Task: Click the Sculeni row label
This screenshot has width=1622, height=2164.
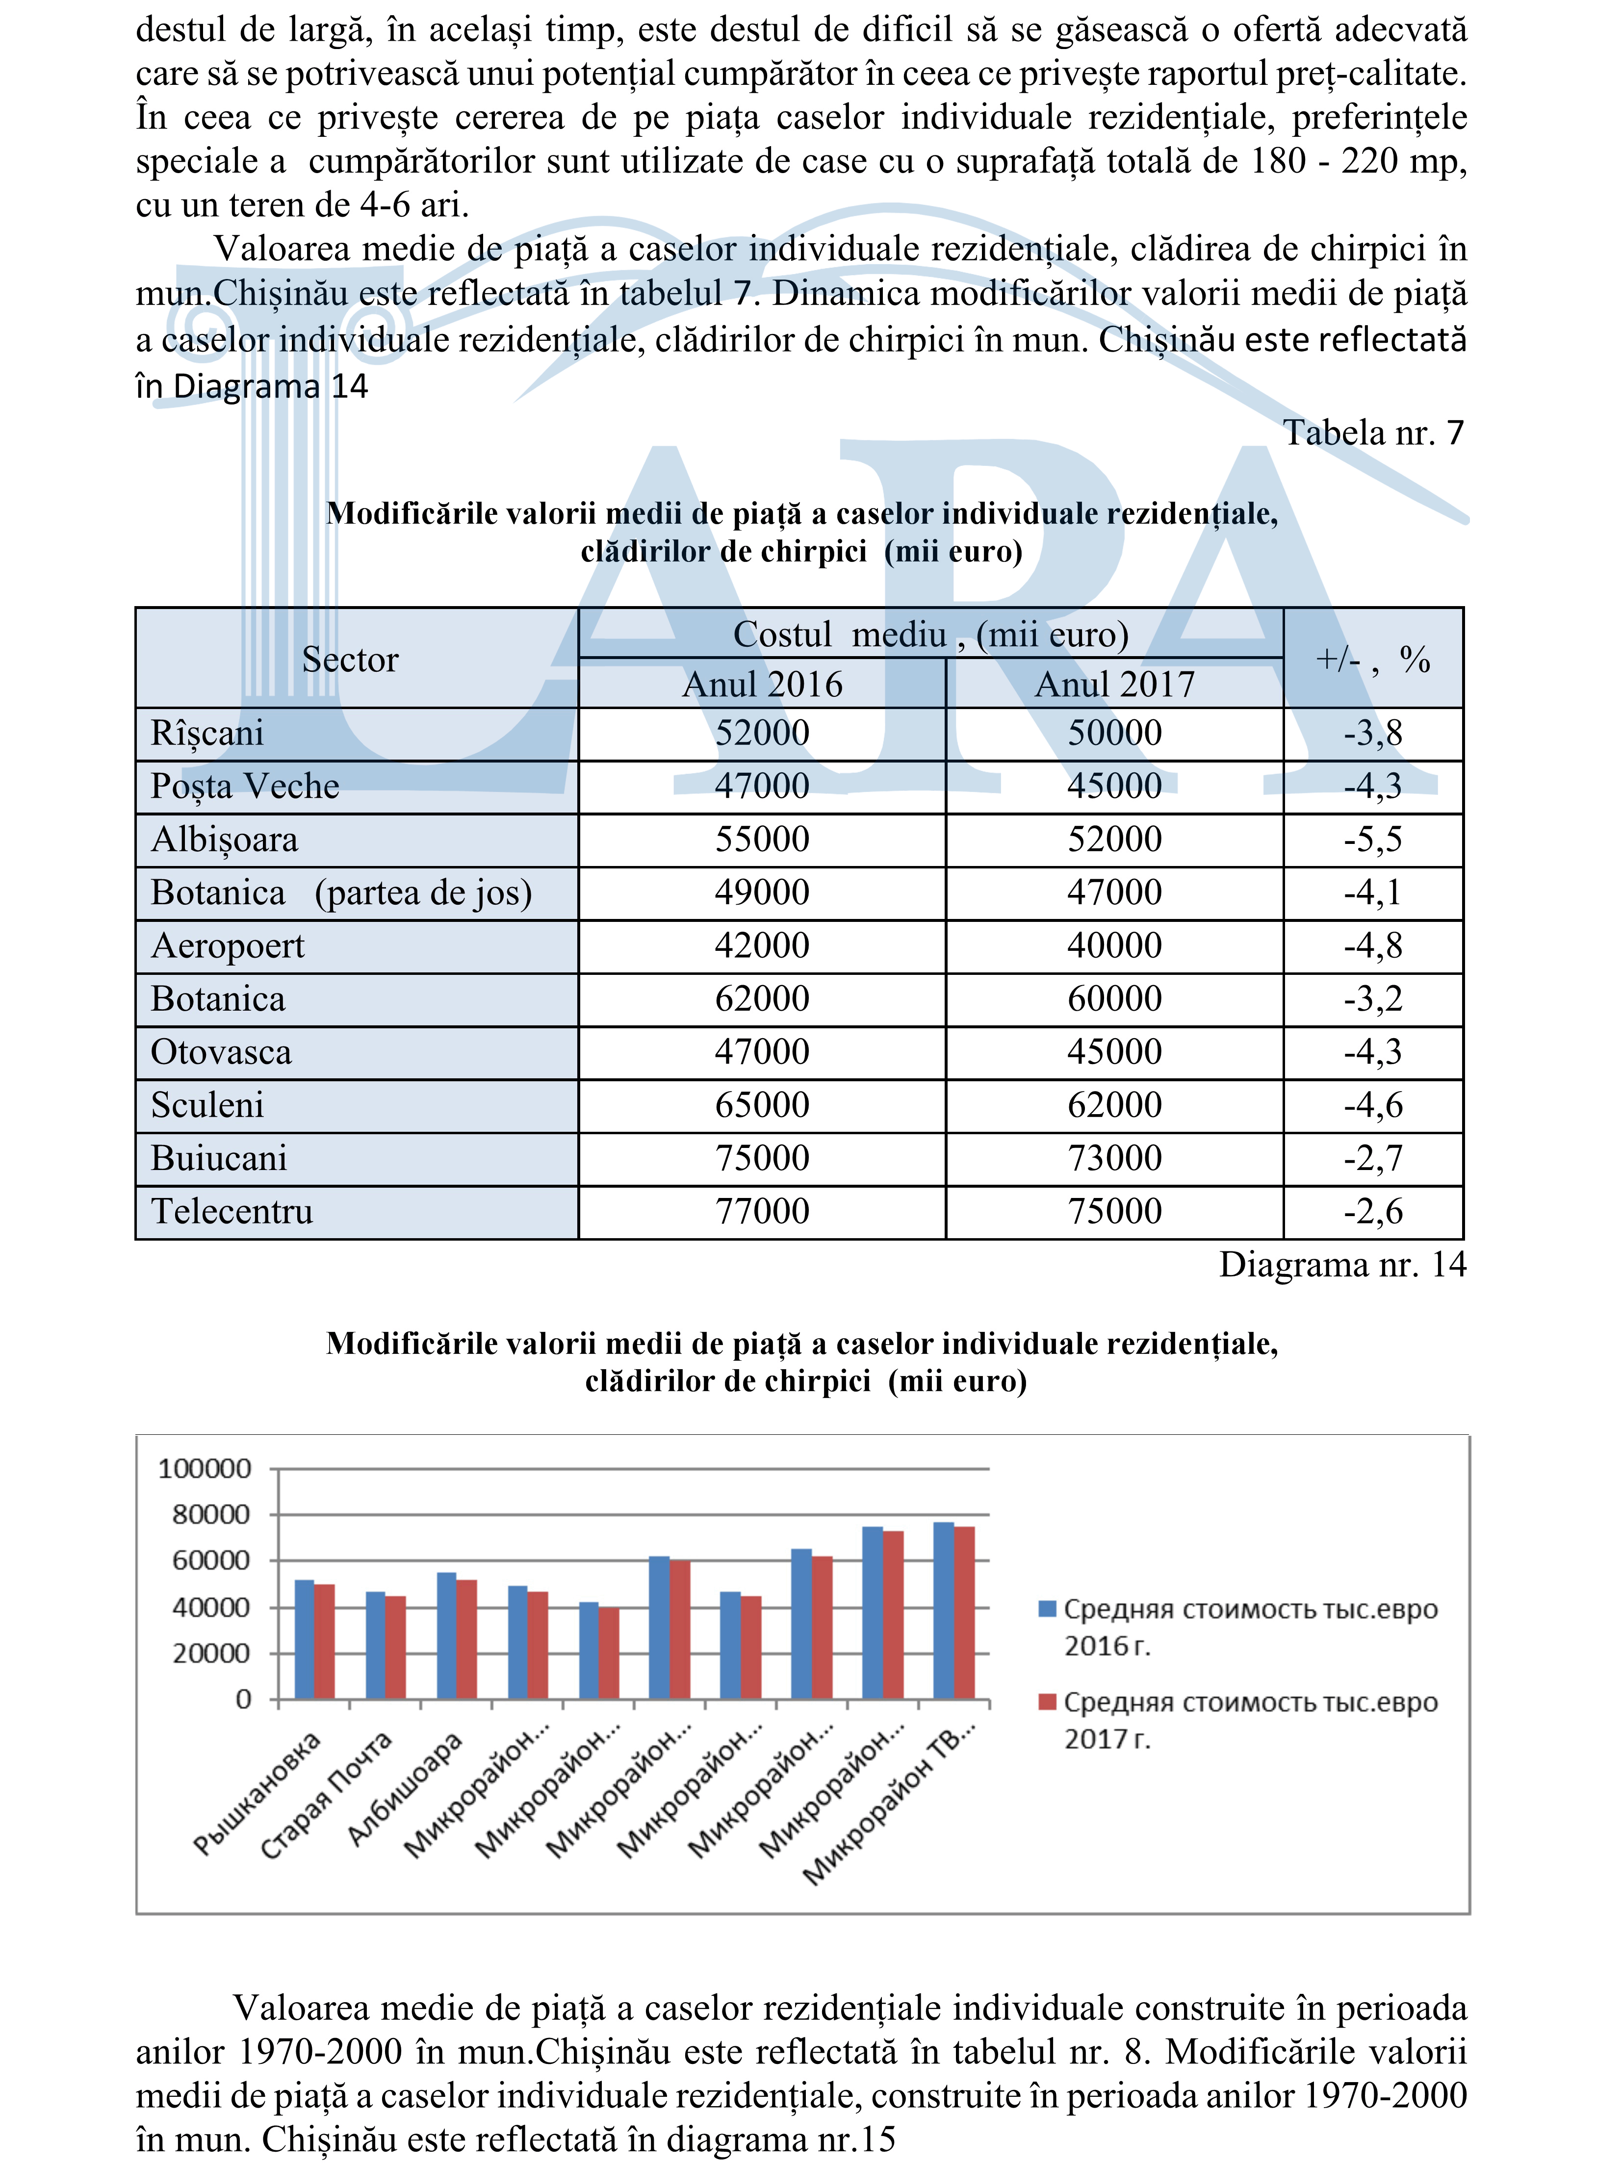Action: tap(207, 1105)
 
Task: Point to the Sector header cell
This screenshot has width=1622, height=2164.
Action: tap(350, 660)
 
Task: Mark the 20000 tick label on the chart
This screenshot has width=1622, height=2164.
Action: tap(211, 1654)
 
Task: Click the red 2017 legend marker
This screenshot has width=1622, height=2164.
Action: tap(1047, 1702)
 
